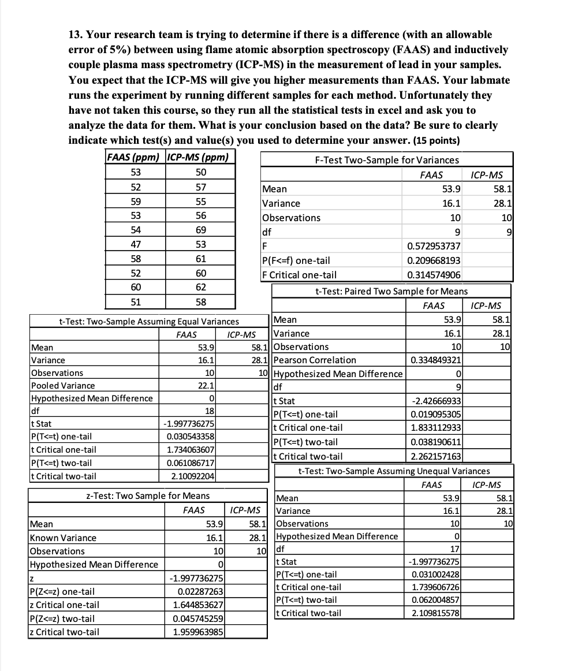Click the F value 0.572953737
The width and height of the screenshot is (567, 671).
[434, 247]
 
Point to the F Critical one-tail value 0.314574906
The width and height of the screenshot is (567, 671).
[434, 275]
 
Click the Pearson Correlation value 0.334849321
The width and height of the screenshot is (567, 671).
[435, 360]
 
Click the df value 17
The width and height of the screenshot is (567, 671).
[454, 549]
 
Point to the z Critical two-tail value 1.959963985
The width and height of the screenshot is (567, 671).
[196, 632]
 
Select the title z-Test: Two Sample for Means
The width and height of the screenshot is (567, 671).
[148, 495]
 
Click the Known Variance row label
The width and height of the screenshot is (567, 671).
[63, 538]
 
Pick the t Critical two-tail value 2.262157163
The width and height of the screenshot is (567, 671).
[435, 456]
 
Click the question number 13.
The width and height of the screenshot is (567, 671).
[77, 35]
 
